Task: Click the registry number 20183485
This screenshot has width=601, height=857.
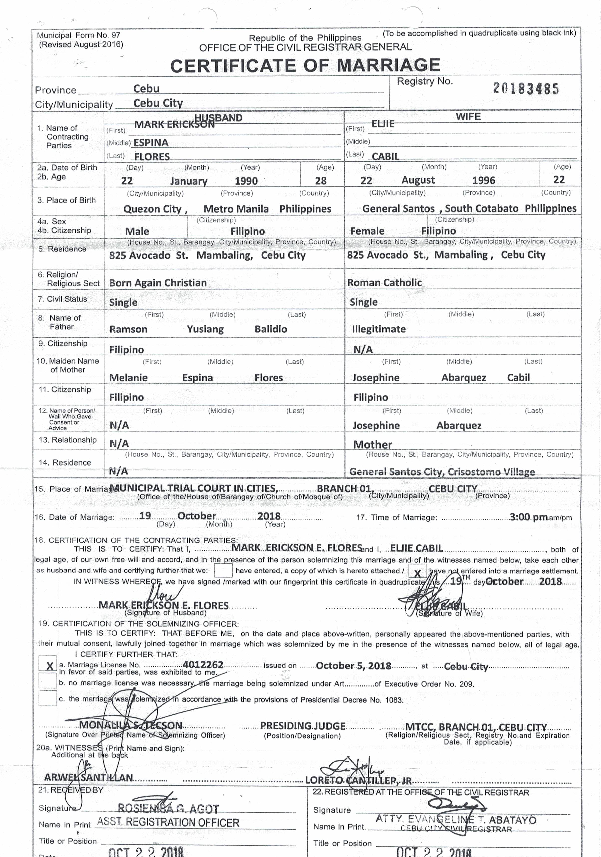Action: pyautogui.click(x=526, y=89)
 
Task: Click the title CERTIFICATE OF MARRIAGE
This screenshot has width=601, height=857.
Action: pyautogui.click(x=305, y=65)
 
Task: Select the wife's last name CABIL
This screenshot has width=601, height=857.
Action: pyautogui.click(x=385, y=156)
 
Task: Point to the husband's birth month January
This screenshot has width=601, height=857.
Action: pyautogui.click(x=189, y=181)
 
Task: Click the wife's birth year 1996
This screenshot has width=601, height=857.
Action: pyautogui.click(x=483, y=180)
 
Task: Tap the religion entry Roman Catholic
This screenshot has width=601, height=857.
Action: pyautogui.click(x=384, y=283)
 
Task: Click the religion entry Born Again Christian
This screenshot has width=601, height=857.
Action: pyautogui.click(x=158, y=283)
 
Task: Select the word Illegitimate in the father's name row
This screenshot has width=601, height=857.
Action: pyautogui.click(x=379, y=329)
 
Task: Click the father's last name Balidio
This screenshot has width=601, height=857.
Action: pyautogui.click(x=271, y=329)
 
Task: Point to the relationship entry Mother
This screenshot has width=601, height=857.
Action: pyautogui.click(x=372, y=445)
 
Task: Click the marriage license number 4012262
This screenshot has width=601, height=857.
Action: pyautogui.click(x=203, y=665)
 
